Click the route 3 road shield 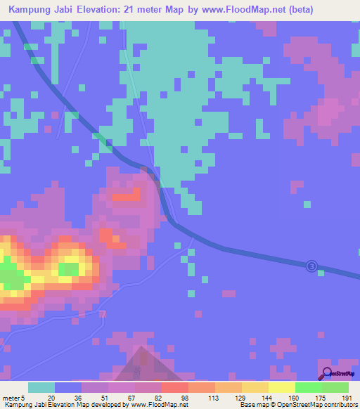click(x=311, y=266)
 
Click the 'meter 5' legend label click(x=13, y=398)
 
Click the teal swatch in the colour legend click(x=41, y=387)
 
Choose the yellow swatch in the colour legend click(x=281, y=387)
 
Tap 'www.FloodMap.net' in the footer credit click(x=155, y=405)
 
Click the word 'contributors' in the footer click(x=337, y=405)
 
